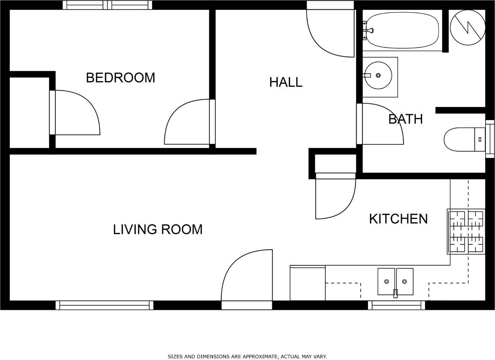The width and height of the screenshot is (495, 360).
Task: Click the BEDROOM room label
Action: tap(120, 78)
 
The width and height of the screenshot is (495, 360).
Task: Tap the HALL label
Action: tap(286, 82)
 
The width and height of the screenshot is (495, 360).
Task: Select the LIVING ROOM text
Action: tap(158, 229)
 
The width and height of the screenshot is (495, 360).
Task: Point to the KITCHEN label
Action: tap(398, 219)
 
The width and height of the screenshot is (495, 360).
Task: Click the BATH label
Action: tap(406, 119)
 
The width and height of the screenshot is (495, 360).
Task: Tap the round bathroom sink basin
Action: tap(378, 75)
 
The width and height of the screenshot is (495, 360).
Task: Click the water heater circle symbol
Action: tap(468, 27)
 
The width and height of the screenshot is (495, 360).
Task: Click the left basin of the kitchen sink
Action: tap(386, 281)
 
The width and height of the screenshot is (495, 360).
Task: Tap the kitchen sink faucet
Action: tap(396, 293)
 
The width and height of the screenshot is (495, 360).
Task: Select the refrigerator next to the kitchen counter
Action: tap(308, 283)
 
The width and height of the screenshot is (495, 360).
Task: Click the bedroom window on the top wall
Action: tap(108, 5)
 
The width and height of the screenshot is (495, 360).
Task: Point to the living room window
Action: tap(104, 305)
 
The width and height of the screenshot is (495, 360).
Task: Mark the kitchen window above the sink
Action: tap(397, 305)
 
